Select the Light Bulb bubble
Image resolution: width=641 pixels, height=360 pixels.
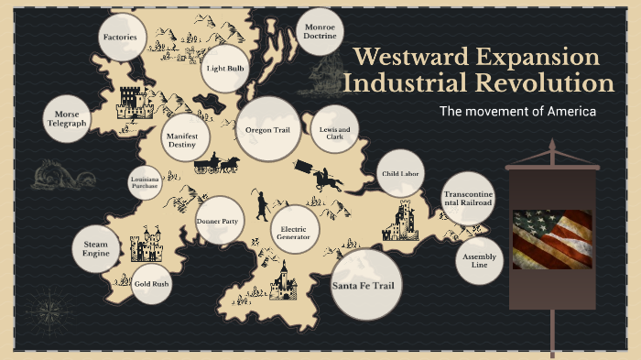tap(224, 69)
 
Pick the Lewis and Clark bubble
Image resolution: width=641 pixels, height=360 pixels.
tap(334, 131)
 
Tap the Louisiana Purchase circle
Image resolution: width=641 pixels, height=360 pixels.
tap(145, 182)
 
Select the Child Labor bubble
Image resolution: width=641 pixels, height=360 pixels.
tap(401, 172)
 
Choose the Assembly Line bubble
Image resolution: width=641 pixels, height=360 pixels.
tap(479, 262)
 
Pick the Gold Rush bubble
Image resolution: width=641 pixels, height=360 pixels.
tap(151, 284)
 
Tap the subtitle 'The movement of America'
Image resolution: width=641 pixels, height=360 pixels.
tap(517, 112)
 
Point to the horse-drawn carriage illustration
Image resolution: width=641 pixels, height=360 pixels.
tap(217, 164)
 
